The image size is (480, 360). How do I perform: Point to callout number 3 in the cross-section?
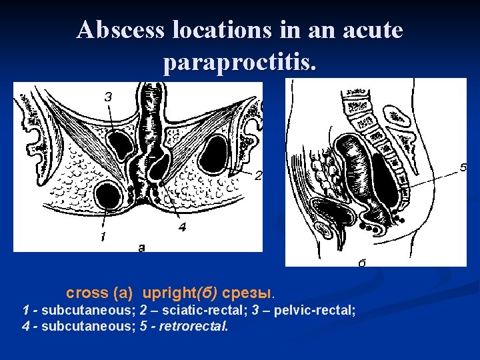tap(108, 96)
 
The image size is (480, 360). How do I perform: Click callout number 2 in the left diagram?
tap(259, 176)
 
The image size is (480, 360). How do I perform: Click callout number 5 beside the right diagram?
tap(463, 168)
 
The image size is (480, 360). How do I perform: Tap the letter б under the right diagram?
tap(362, 263)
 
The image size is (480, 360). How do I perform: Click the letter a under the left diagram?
tap(141, 248)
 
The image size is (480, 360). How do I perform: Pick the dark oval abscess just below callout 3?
tap(121, 143)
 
